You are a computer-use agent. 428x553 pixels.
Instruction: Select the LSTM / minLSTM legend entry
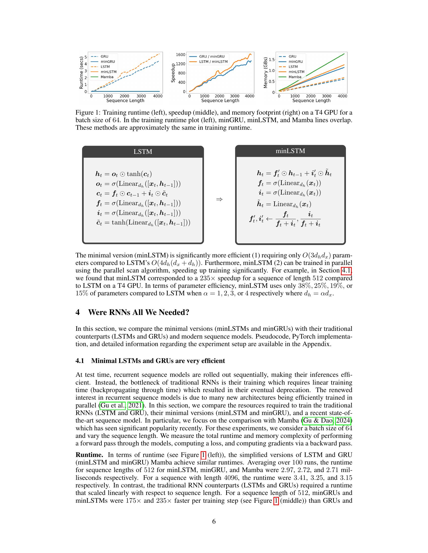pyautogui.click(x=213, y=62)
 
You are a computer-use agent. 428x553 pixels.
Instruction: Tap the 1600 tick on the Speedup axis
pyautogui.click(x=181, y=55)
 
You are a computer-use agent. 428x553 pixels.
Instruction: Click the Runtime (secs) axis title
pyautogui.click(x=81, y=73)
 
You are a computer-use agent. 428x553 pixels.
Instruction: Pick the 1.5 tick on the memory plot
pyautogui.click(x=272, y=60)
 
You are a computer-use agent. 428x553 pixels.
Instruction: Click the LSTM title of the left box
pyautogui.click(x=143, y=152)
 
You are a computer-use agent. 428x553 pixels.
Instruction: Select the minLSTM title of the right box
pyautogui.click(x=290, y=151)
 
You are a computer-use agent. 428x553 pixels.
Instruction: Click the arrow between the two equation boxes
pyautogui.click(x=219, y=200)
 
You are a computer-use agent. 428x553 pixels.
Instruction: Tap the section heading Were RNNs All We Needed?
pyautogui.click(x=138, y=312)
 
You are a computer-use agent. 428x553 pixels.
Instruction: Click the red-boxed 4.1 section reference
pyautogui.click(x=346, y=271)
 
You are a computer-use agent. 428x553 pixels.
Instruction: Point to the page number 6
pyautogui.click(x=214, y=521)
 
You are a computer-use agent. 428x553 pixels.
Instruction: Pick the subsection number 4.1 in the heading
pyautogui.click(x=80, y=360)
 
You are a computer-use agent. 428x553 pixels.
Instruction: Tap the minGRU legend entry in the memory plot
pyautogui.click(x=296, y=62)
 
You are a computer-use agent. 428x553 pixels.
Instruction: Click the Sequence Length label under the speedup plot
pyautogui.click(x=220, y=101)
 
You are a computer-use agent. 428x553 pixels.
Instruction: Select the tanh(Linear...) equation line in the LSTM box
pyautogui.click(x=143, y=222)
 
